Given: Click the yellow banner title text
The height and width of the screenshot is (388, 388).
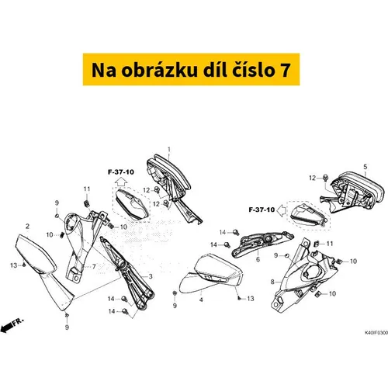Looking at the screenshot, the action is [x=191, y=70].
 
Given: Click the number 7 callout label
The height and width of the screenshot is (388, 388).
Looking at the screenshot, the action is [x=94, y=266].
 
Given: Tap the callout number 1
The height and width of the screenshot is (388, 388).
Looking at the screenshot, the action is [x=169, y=150].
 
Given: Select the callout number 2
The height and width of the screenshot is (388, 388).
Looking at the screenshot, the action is [x=27, y=227].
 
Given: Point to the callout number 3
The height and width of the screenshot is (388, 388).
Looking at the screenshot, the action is [x=151, y=276].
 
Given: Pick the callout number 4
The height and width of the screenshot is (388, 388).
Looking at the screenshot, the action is [x=201, y=300].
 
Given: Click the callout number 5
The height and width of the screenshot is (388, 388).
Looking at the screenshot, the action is [x=365, y=167].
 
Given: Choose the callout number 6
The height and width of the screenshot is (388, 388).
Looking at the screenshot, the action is [x=258, y=259].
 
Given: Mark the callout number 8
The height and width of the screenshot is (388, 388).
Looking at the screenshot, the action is [x=272, y=282].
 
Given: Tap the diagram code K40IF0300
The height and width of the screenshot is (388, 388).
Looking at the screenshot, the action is [x=376, y=333].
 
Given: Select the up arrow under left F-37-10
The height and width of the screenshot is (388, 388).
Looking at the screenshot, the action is [x=121, y=182].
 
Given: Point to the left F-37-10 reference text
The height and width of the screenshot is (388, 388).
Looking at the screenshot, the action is [x=121, y=172].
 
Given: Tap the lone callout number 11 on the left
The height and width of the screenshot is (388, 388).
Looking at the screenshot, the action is [x=87, y=189].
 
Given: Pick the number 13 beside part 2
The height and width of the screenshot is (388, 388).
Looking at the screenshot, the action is [x=14, y=265].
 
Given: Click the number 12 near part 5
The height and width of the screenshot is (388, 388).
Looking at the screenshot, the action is [x=313, y=178].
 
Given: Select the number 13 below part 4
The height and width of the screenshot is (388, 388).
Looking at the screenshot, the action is [x=251, y=299].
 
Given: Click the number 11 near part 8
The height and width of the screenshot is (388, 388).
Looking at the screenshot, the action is [x=330, y=244].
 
